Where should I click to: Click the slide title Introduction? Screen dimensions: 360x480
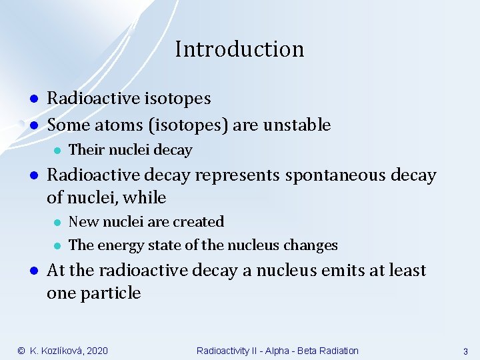point(239,49)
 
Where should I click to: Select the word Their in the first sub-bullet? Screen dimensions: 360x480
point(84,150)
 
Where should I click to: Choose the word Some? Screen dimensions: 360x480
point(66,125)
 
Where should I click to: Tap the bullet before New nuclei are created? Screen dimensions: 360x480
point(58,222)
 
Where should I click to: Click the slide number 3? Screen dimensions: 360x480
point(465,351)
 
